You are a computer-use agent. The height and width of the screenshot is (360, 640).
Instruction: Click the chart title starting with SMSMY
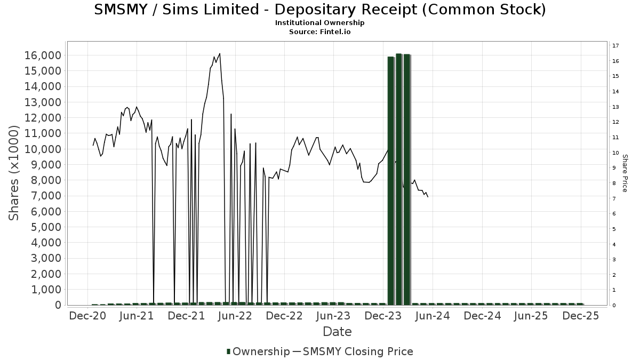[320, 10]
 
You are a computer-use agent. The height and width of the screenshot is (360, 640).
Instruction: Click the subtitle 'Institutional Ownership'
[320, 23]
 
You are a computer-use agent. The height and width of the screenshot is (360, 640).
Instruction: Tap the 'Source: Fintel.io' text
[320, 32]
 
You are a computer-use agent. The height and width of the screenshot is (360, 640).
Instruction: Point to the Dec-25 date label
[580, 316]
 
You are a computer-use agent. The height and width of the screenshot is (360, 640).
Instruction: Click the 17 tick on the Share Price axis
[615, 46]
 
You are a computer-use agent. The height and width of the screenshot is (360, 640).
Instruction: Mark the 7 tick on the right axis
[614, 199]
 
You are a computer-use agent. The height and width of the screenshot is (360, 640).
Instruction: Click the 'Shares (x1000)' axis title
[15, 173]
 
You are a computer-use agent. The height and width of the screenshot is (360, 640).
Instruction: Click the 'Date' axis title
[337, 332]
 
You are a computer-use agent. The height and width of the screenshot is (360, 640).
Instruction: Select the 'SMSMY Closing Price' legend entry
[357, 351]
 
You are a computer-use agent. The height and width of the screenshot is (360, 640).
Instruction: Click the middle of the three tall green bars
[399, 179]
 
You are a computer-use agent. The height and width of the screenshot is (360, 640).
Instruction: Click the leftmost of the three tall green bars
[391, 180]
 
